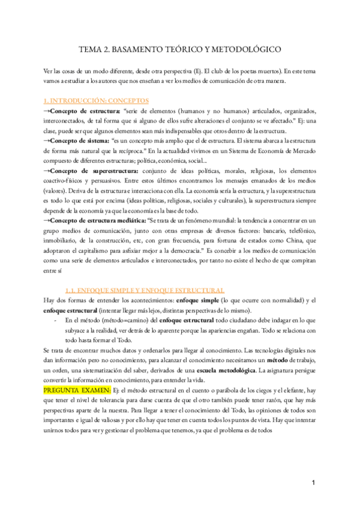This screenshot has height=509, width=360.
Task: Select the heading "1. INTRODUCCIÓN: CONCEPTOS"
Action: (97, 100)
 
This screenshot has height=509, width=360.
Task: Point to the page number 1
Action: (313, 483)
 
